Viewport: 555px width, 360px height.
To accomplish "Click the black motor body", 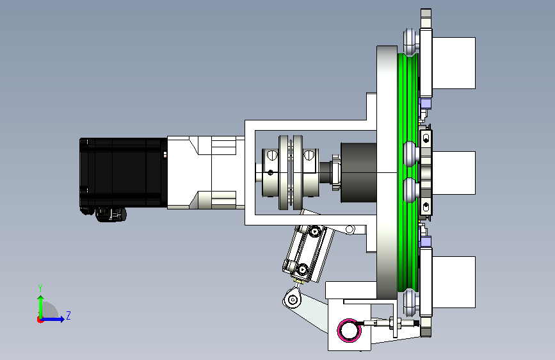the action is [123, 172].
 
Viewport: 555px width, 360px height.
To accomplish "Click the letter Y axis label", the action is [40, 288].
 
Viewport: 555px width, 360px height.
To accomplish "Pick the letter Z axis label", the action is [68, 315].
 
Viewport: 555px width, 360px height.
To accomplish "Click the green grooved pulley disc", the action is [408, 172].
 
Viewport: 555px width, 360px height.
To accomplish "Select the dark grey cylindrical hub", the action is [358, 172].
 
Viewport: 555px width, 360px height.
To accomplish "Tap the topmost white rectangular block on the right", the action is [453, 63].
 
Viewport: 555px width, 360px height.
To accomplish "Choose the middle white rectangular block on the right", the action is [453, 173].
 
